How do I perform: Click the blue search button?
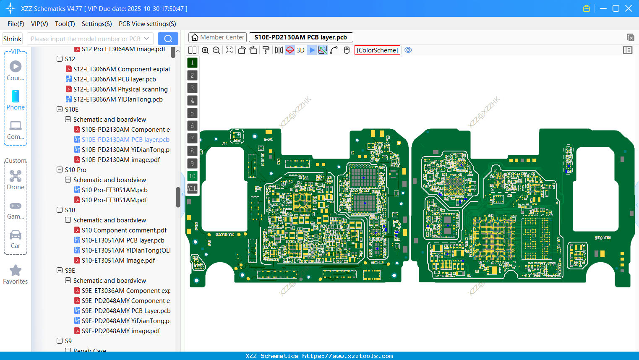pyautogui.click(x=168, y=39)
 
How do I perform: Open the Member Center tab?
pyautogui.click(x=217, y=37)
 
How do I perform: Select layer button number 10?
pyautogui.click(x=192, y=176)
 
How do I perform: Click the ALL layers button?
pyautogui.click(x=192, y=189)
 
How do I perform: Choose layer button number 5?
pyautogui.click(x=192, y=113)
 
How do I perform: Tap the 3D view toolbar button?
pyautogui.click(x=300, y=50)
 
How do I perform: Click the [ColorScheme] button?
pyautogui.click(x=377, y=50)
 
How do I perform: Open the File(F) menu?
pyautogui.click(x=16, y=24)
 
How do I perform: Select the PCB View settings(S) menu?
pyautogui.click(x=147, y=24)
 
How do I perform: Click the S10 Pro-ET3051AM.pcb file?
pyautogui.click(x=115, y=190)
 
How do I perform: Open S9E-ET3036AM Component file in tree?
pyautogui.click(x=126, y=291)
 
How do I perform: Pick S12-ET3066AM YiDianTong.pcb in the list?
pyautogui.click(x=118, y=99)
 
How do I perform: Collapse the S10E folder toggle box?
pyautogui.click(x=60, y=110)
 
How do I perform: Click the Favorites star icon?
pyautogui.click(x=16, y=271)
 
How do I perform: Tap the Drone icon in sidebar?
pyautogui.click(x=16, y=176)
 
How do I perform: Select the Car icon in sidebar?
pyautogui.click(x=16, y=235)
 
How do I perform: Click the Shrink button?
pyautogui.click(x=13, y=39)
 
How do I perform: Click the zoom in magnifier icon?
pyautogui.click(x=205, y=50)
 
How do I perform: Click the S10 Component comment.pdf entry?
pyautogui.click(x=124, y=230)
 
